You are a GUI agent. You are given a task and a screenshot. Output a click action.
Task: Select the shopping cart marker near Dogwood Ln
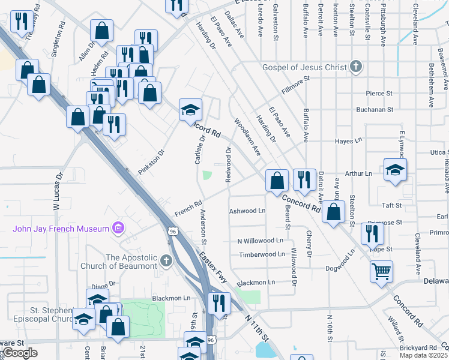382,272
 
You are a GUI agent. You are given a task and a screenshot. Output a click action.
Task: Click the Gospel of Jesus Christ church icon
356,67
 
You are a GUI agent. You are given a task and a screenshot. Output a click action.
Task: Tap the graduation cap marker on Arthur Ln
396,170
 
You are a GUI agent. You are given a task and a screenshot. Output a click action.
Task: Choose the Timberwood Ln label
262,254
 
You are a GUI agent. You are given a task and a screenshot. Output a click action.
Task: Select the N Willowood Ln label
260,241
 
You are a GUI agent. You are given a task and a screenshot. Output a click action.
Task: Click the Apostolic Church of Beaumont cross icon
166,262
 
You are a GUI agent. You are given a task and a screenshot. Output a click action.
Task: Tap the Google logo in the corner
20,353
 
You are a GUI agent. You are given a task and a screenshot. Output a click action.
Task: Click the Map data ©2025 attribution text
423,355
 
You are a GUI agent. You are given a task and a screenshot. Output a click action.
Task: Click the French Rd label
187,209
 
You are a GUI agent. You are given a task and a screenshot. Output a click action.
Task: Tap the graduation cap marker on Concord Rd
191,110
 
